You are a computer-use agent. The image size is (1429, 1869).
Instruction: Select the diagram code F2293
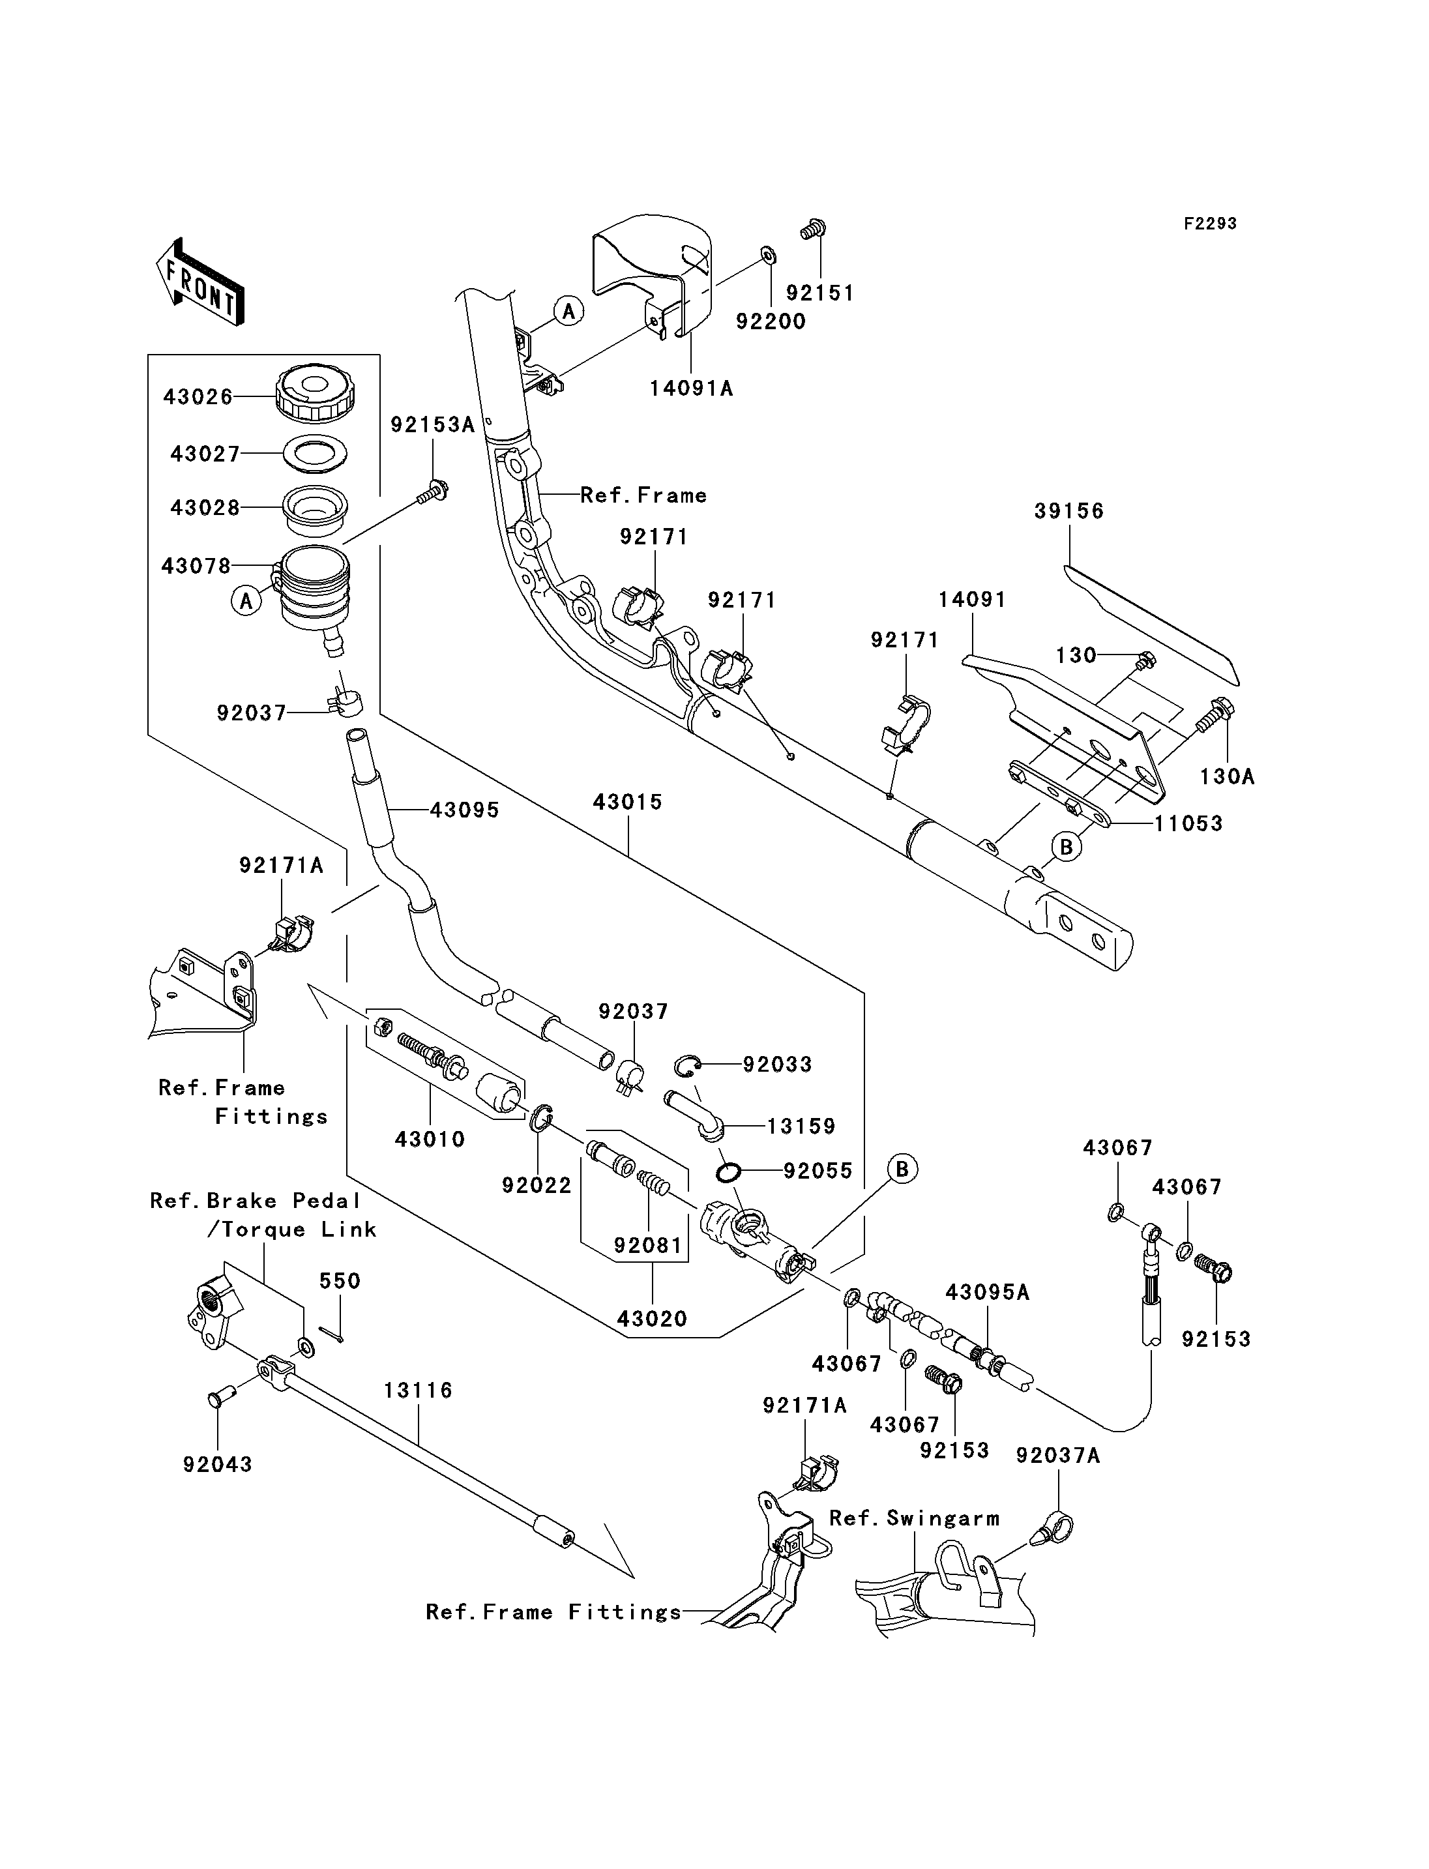click(1209, 224)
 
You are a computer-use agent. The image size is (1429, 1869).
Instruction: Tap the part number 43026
click(198, 397)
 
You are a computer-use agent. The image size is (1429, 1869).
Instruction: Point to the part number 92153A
click(432, 425)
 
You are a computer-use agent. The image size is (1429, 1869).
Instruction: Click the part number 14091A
click(690, 389)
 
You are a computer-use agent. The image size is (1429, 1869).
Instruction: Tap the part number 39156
click(1068, 511)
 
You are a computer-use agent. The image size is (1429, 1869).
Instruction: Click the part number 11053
click(1188, 823)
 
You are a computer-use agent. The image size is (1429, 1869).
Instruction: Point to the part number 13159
click(801, 1126)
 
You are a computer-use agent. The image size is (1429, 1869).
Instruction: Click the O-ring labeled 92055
click(728, 1173)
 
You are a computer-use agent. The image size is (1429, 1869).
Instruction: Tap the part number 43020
click(651, 1319)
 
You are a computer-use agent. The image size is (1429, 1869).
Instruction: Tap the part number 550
click(340, 1281)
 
